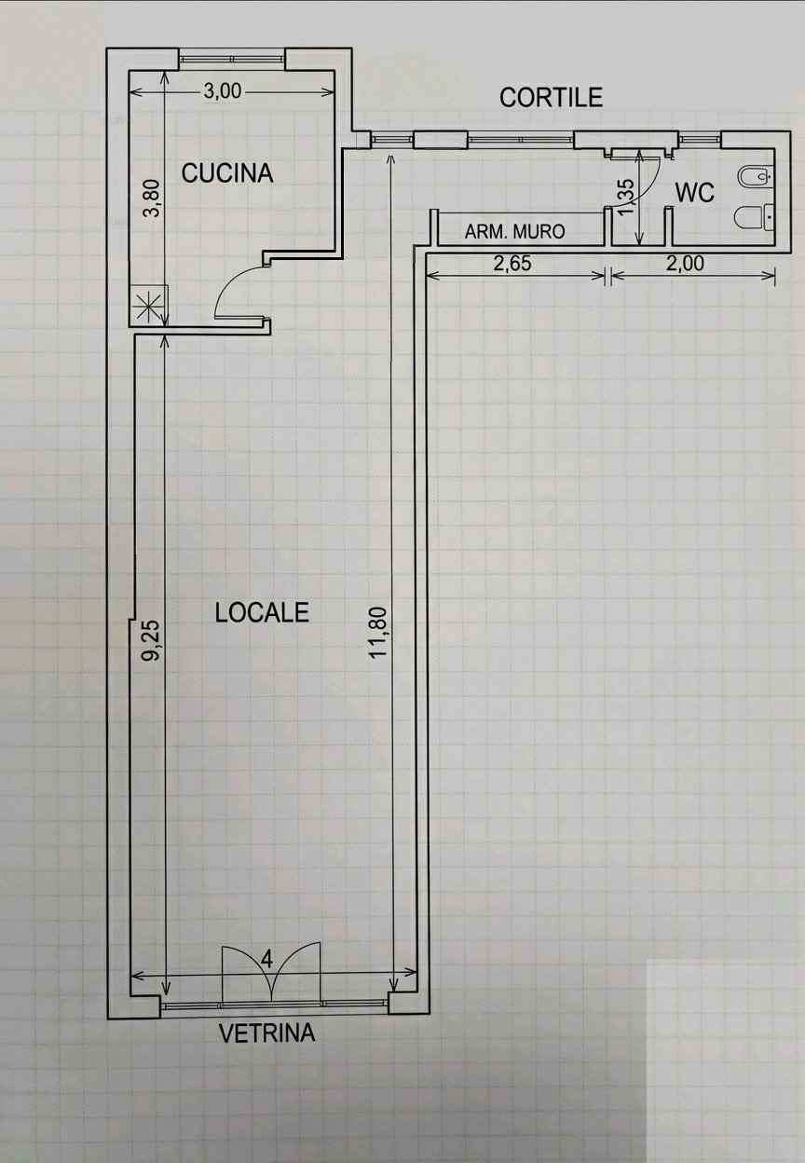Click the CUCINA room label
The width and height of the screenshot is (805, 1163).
pyautogui.click(x=226, y=173)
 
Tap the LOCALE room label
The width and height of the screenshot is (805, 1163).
pyautogui.click(x=262, y=612)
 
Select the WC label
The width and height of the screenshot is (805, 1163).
pyautogui.click(x=694, y=193)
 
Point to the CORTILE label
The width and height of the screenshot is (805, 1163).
pyautogui.click(x=551, y=97)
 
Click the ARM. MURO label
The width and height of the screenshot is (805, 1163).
pyautogui.click(x=514, y=231)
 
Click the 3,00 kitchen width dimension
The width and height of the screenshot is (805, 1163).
pyautogui.click(x=222, y=91)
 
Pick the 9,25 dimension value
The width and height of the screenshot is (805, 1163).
pyautogui.click(x=153, y=641)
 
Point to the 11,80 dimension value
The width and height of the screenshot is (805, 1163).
pyautogui.click(x=378, y=633)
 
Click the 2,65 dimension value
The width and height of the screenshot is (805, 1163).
pyautogui.click(x=512, y=264)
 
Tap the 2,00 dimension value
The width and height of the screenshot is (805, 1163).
pyautogui.click(x=685, y=264)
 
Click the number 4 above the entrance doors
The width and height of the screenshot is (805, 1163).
pyautogui.click(x=266, y=960)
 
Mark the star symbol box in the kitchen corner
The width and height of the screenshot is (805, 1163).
pyautogui.click(x=148, y=306)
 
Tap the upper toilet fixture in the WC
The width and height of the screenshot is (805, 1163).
pyautogui.click(x=756, y=177)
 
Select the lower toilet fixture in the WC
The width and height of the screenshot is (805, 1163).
pyautogui.click(x=756, y=216)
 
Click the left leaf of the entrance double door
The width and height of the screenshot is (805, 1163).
pyautogui.click(x=246, y=971)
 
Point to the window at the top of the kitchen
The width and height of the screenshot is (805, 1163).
pyautogui.click(x=232, y=58)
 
